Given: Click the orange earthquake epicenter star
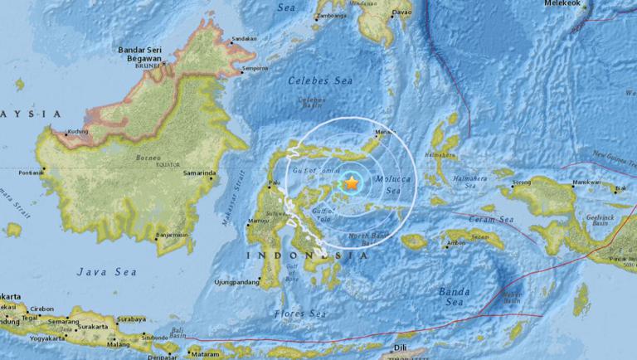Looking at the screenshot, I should tap(352, 182).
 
